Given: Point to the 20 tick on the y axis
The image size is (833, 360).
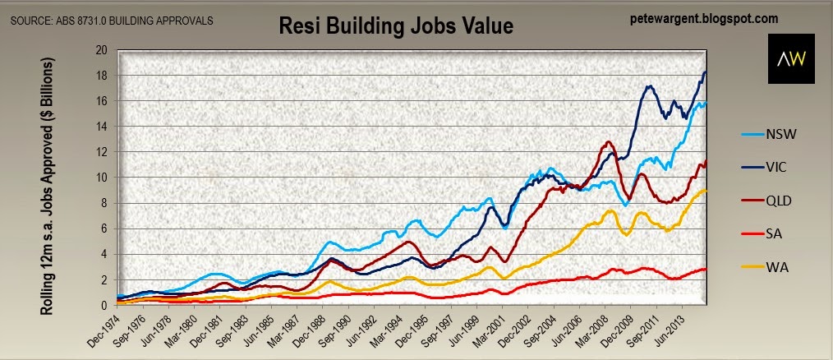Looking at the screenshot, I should pyautogui.click(x=102, y=50).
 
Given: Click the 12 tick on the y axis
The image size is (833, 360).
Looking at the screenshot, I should pyautogui.click(x=102, y=152).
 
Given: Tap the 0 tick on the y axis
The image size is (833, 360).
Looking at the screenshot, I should pyautogui.click(x=105, y=306).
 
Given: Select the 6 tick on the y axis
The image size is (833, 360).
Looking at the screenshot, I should pyautogui.click(x=105, y=229).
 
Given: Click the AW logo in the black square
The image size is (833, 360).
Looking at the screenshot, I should pyautogui.click(x=790, y=59).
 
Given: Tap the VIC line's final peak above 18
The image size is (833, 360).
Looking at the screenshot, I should pyautogui.click(x=705, y=72).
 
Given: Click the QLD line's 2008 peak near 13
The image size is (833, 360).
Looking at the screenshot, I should pyautogui.click(x=609, y=142).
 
